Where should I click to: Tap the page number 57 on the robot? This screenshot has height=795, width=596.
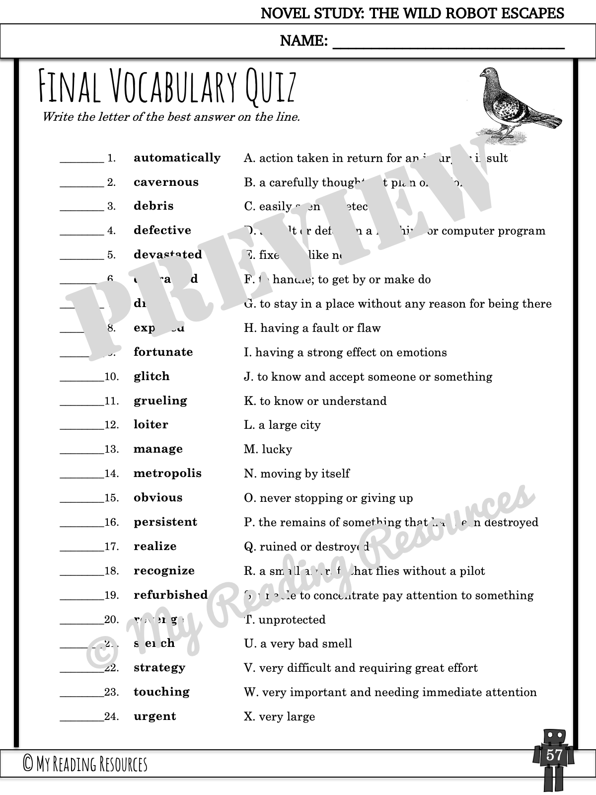point(554,756)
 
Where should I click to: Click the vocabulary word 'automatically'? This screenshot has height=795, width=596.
point(177,158)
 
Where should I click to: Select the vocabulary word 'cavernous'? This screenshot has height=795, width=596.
point(166,182)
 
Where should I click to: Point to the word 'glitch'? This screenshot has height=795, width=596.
point(151,377)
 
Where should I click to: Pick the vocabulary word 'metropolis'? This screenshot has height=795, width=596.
point(167,474)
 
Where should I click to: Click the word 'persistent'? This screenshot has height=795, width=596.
point(165,522)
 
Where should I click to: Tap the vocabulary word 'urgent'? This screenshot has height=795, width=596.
point(154,716)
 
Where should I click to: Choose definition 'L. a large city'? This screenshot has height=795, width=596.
point(282,425)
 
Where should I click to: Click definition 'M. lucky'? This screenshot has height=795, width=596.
point(268,450)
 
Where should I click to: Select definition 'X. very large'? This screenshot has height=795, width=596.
point(279,717)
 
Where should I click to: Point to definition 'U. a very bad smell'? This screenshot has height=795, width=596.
point(298,644)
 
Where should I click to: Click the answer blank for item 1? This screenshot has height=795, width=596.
point(81,160)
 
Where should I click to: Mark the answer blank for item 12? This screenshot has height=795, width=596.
point(81,426)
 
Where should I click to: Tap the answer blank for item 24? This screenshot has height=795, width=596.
point(81,718)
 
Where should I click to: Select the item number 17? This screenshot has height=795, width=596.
point(112,547)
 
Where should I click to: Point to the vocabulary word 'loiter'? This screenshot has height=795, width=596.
point(151,425)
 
